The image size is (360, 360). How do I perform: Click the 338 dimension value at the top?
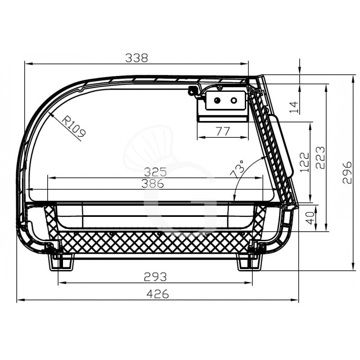[x=137, y=58]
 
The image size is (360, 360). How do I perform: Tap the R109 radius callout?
[x=74, y=126]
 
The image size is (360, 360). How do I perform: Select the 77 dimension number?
[x=223, y=131]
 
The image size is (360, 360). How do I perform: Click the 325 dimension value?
[x=155, y=172]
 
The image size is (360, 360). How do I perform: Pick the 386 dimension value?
[x=153, y=184]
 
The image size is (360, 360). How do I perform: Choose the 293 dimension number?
[x=155, y=277]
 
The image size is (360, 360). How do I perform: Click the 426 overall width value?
[x=158, y=294]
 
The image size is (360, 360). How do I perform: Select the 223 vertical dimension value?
[x=320, y=157]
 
